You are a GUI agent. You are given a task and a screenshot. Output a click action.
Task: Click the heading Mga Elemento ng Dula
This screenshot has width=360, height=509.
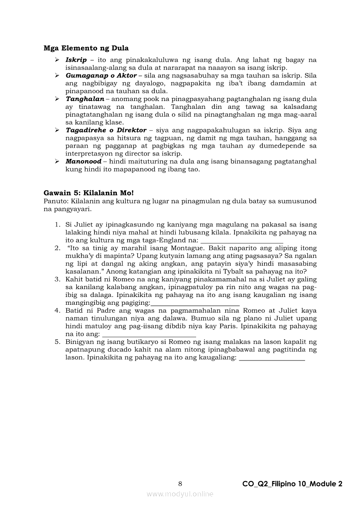[86, 48]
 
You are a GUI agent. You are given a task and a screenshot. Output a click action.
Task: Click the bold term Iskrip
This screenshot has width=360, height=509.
[76, 60]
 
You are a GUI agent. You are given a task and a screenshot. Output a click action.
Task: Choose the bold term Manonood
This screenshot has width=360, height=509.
[83, 162]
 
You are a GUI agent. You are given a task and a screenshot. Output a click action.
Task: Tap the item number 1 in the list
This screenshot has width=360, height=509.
[57, 225]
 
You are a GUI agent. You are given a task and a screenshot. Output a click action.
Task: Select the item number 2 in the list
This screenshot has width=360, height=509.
[57, 248]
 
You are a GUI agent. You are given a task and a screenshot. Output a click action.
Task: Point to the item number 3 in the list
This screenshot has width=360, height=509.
[57, 279]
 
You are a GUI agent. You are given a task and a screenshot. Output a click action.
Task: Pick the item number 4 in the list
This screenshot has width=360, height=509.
[57, 310]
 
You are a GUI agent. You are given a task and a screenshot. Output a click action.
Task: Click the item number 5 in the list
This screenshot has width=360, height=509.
[57, 342]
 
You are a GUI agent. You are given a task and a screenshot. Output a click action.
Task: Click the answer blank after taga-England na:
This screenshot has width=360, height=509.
[242, 241]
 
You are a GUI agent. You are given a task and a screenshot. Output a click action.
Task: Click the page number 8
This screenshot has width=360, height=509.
[180, 484]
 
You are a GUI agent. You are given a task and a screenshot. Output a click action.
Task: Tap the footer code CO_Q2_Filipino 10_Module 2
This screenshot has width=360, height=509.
[292, 484]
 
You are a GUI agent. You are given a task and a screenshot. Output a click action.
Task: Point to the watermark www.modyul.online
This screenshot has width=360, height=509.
[180, 494]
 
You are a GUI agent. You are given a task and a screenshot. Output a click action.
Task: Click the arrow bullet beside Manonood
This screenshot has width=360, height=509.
[57, 162]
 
